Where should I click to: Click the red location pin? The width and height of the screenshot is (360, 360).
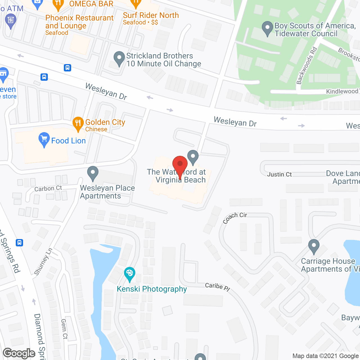pos(180,164)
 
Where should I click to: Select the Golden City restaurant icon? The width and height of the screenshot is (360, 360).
pos(78,123)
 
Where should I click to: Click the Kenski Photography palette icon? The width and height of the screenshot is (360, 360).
pos(129,273)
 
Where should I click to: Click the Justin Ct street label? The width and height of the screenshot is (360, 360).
pos(279,174)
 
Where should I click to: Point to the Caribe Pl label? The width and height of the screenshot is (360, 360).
pos(217,287)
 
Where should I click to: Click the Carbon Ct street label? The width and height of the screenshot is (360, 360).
pos(48,188)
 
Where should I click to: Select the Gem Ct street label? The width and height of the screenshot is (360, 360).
pos(64,329)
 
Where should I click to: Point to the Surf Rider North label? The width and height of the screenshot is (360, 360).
pos(151,15)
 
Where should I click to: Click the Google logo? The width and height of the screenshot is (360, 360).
pos(19,353)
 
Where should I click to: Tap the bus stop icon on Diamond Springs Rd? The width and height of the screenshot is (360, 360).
pos(19,242)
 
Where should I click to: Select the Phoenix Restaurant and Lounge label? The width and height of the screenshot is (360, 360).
pos(79,22)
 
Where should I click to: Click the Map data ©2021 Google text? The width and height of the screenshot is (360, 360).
pos(326,356)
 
